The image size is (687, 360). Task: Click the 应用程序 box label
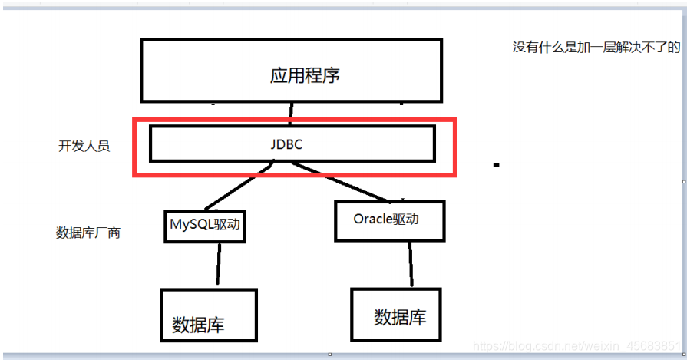coord(305,75)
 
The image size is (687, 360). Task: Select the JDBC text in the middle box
coord(292,144)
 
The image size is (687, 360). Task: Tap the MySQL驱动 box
coord(205,226)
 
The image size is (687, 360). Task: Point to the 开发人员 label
coord(84,146)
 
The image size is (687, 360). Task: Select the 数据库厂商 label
coord(88,233)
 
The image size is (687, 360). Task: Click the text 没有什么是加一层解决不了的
coord(596,47)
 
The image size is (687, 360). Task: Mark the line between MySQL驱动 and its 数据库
coord(219,265)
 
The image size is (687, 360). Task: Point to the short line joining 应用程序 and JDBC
coord(290,114)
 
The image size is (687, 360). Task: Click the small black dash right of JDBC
coord(497,164)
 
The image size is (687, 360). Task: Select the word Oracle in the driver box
coord(373,219)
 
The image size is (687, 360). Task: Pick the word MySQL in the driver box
coord(189,226)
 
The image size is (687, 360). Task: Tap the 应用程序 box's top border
coord(291,41)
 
